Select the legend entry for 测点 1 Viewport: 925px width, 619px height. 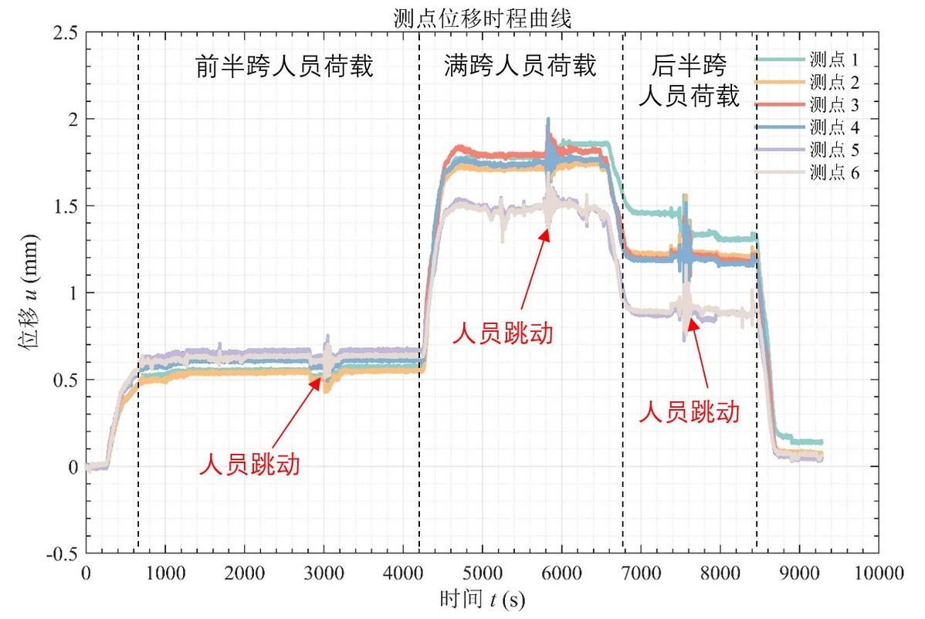pos(835,59)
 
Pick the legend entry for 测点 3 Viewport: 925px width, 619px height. pos(835,104)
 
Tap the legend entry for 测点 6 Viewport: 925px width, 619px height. pos(835,172)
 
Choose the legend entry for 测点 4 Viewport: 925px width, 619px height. pos(835,127)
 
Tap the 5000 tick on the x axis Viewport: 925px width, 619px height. pos(482,573)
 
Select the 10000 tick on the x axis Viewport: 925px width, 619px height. pos(879,573)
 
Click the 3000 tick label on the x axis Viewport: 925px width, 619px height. pos(324,573)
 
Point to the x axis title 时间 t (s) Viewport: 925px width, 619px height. pos(482,599)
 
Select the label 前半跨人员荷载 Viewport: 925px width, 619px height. pos(283,68)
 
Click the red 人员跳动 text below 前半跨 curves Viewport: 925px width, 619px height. pos(250,465)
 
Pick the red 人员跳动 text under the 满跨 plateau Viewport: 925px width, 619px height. pos(503,333)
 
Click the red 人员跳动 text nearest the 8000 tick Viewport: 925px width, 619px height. pos(689,411)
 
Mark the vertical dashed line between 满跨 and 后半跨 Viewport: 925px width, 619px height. pos(622,293)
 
